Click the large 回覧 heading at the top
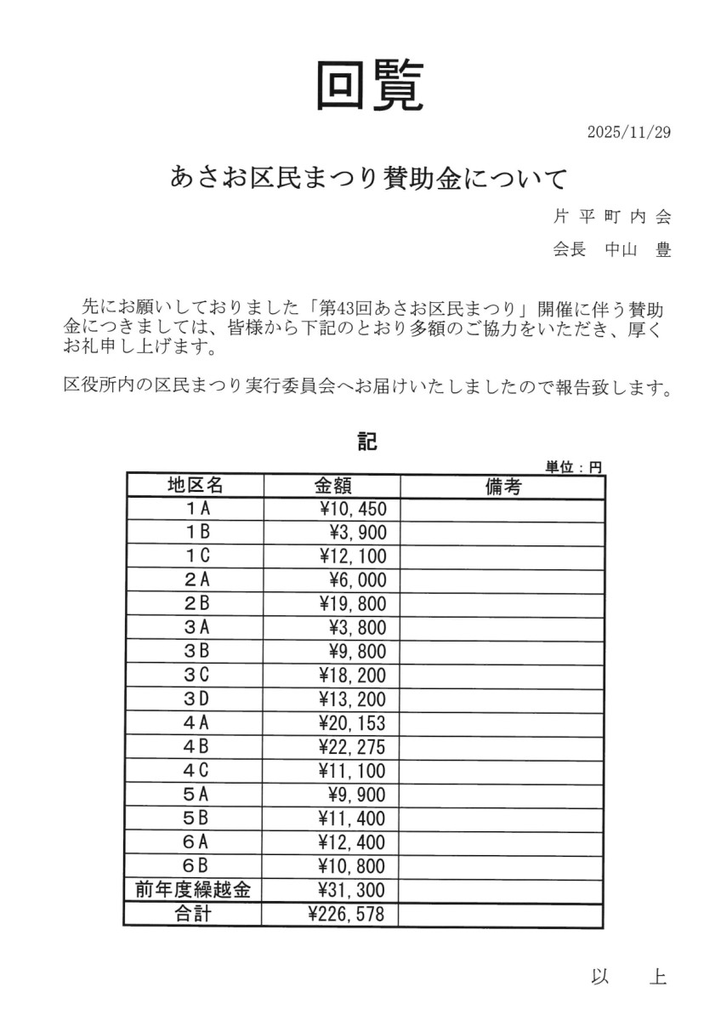369,86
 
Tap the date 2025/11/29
628,133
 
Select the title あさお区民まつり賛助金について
368,179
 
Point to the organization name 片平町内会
612,217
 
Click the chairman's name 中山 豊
638,250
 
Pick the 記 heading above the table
366,442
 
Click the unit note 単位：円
573,466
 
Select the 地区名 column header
195,486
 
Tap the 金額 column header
332,486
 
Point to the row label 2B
196,605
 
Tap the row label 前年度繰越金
193,891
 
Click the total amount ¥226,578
347,915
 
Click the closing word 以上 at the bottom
628,978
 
